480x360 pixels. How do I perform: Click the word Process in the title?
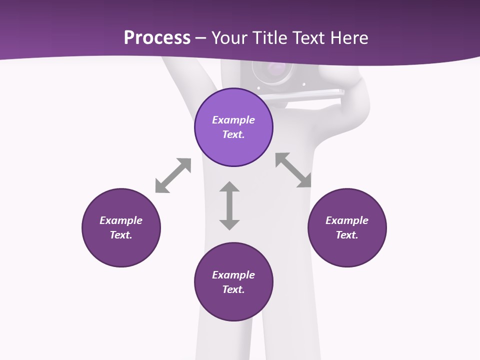pyautogui.click(x=157, y=38)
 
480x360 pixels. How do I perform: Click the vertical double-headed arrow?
pyautogui.click(x=229, y=205)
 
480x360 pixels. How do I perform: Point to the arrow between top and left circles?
pyautogui.click(x=173, y=175)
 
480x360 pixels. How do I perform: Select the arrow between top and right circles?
pyautogui.click(x=293, y=170)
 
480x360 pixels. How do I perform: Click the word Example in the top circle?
pyautogui.click(x=233, y=120)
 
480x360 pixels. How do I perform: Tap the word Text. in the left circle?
pyautogui.click(x=121, y=235)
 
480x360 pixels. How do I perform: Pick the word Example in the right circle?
pyautogui.click(x=347, y=220)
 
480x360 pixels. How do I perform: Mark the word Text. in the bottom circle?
pyautogui.click(x=233, y=289)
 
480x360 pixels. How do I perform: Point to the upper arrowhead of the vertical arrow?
pyautogui.click(x=229, y=187)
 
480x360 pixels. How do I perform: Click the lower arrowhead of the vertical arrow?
pyautogui.click(x=229, y=224)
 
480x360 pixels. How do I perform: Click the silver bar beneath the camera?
pyautogui.click(x=300, y=93)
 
